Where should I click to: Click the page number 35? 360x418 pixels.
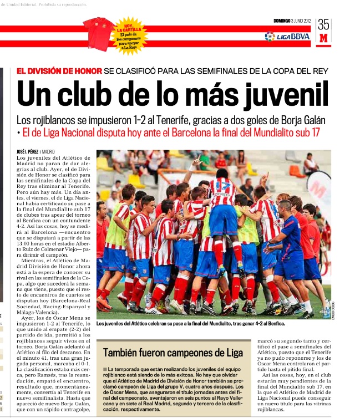323,24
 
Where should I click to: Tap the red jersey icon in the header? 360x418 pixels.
99,33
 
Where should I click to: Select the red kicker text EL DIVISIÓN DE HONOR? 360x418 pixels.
60,71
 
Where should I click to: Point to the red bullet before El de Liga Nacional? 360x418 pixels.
18,133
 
